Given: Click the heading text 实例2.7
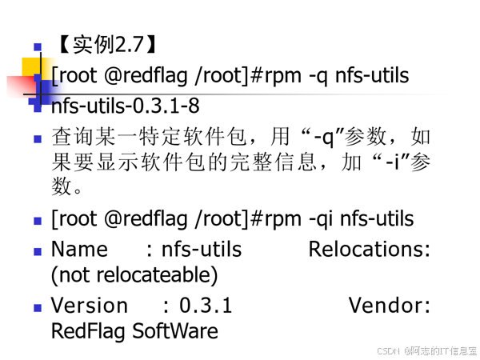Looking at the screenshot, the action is [107, 44].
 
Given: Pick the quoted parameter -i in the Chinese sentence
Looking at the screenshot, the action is [400, 163].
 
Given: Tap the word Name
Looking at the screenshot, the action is [79, 250].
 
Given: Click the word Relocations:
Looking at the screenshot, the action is [370, 250].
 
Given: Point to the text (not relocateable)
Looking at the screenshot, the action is [134, 275].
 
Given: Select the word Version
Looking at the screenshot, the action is [89, 306].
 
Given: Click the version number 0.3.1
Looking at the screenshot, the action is [206, 306].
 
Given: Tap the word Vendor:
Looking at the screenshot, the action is [390, 306].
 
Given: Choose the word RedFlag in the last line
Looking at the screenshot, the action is [88, 330].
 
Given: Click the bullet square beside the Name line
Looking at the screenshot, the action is [38, 251].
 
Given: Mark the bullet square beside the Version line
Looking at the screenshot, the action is [38, 306].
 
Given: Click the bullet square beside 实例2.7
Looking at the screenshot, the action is [38, 46].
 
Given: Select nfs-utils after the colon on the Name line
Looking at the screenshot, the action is [202, 250].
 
